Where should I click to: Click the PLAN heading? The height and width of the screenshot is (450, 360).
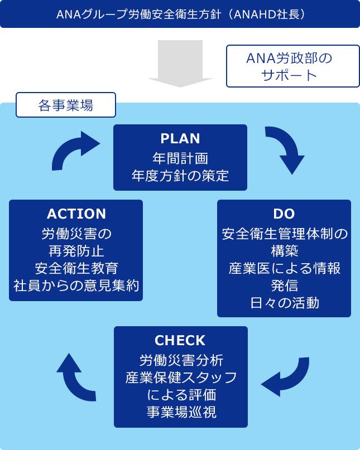pos(180,138)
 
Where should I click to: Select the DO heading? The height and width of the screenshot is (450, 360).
pos(284,214)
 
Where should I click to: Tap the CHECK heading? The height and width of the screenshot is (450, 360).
pos(180,340)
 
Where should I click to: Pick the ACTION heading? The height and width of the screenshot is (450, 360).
pos(76,214)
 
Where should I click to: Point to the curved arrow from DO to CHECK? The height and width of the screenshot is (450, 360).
pos(285,376)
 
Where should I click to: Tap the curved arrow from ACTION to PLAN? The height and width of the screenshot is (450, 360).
pos(74,151)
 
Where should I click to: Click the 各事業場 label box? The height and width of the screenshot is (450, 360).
pos(66,105)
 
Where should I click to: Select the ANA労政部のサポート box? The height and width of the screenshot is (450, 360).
pos(292,66)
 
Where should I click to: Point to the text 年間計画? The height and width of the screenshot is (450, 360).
pos(180,157)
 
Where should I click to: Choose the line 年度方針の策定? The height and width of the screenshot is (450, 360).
pos(180,176)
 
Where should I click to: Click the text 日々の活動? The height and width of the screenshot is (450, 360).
pos(285,303)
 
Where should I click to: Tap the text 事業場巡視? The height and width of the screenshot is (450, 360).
pos(181,412)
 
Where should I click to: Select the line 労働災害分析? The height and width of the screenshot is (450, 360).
pos(181,360)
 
